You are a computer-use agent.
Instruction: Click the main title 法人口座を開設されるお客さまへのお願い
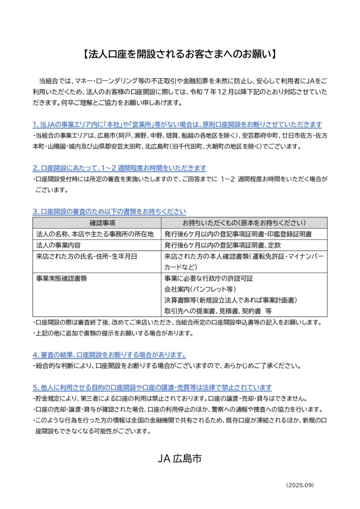coord(180,54)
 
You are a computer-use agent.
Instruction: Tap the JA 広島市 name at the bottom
coord(180,459)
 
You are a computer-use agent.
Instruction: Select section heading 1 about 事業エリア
coord(177,124)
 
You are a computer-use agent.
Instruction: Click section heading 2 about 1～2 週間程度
coord(119,168)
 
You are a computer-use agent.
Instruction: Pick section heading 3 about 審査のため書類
coord(109,211)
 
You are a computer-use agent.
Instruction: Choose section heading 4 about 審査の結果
coord(109,355)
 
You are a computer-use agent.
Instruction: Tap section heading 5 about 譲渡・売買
coord(152,387)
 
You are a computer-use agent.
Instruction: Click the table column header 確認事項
coord(97,223)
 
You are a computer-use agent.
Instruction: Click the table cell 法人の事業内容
coord(58,245)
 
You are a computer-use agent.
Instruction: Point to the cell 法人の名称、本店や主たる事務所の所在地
coord(95,234)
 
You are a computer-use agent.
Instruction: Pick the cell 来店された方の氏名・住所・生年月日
coord(86,256)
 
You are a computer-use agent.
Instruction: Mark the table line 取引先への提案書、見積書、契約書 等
coord(217,311)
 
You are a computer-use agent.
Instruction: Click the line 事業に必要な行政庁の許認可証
coord(208,278)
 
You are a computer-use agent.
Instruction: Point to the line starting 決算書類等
coord(230,300)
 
